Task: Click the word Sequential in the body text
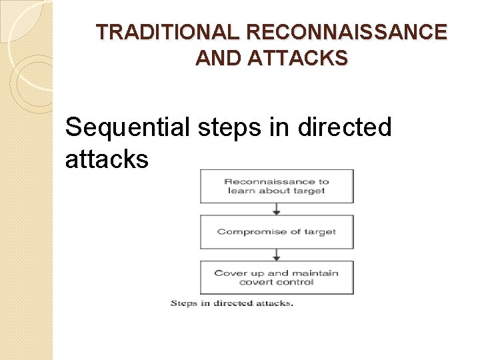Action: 127,127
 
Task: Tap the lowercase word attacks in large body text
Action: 107,159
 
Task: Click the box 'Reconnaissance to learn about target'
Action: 277,186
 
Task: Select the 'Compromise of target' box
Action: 277,232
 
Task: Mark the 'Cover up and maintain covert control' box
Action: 277,277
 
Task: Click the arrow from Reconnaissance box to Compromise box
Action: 277,209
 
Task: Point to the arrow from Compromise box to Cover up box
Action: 277,255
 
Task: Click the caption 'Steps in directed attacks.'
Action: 231,304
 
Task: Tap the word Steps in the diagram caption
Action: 184,304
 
